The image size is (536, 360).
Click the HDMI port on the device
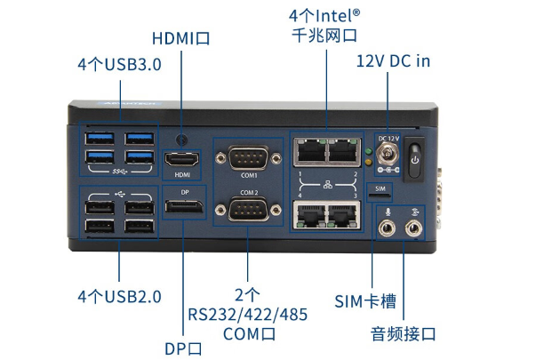coord(182,160)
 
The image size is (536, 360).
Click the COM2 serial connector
coord(249,212)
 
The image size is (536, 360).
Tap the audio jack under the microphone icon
coord(388,228)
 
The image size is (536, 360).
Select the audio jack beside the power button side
coord(412,228)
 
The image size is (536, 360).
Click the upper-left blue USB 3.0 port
coord(96,139)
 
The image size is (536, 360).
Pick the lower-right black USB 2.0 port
coord(138,225)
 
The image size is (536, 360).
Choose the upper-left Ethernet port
coord(308,149)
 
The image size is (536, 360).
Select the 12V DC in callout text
coord(393,61)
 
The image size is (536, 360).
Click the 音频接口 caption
coord(404,333)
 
